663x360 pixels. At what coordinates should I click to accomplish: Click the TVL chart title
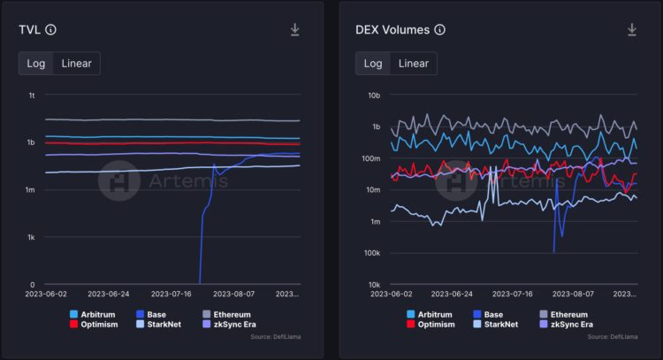tap(30, 29)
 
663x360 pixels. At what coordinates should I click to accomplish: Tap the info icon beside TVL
tap(50, 29)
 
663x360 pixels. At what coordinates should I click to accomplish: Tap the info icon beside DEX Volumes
tap(440, 29)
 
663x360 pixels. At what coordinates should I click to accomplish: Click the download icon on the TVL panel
tap(295, 29)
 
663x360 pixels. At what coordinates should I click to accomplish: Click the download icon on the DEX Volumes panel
tap(632, 29)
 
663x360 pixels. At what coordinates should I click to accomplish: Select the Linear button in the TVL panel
tap(76, 63)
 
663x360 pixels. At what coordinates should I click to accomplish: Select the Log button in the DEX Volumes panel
tap(373, 63)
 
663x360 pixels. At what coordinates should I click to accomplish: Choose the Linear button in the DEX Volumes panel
tap(413, 63)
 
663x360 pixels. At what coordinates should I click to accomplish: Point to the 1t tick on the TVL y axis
tap(31, 95)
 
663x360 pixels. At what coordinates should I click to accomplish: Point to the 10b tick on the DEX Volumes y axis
tap(373, 95)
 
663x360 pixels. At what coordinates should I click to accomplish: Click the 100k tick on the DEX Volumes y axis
tap(371, 253)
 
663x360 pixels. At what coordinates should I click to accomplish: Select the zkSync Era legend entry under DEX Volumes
tap(570, 325)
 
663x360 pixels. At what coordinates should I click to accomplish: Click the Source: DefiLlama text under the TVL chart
tap(275, 337)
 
